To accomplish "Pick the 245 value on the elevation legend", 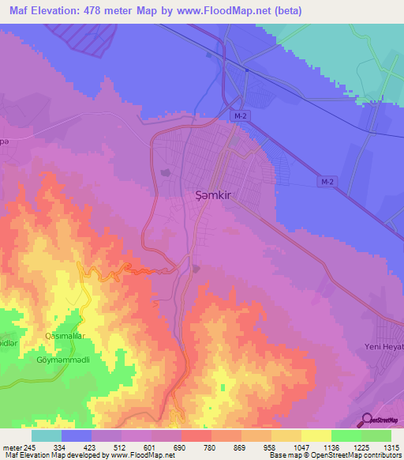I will click(x=31, y=447).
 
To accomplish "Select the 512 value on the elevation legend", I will click(x=106, y=447).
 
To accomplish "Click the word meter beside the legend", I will click(x=11, y=447).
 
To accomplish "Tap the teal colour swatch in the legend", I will click(x=47, y=435).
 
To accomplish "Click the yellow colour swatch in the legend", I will click(x=316, y=435).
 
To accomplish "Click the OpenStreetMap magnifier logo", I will click(x=365, y=419).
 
